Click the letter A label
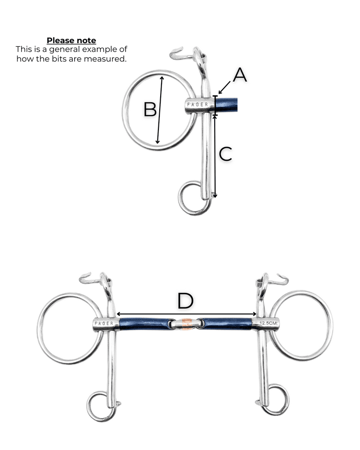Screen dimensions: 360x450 click(x=240, y=75)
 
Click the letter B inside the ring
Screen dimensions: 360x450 click(x=150, y=109)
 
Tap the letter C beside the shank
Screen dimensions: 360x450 click(x=225, y=154)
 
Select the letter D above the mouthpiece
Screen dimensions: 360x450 click(x=185, y=301)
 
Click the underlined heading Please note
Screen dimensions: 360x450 click(x=72, y=40)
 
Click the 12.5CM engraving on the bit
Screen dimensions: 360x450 click(x=268, y=323)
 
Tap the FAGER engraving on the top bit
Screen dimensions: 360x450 click(x=198, y=104)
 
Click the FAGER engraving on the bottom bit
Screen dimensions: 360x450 click(x=104, y=324)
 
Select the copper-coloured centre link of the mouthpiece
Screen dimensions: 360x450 click(x=186, y=324)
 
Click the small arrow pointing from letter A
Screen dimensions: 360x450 click(x=224, y=88)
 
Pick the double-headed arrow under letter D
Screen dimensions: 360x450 click(x=186, y=314)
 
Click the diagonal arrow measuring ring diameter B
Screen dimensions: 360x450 click(x=160, y=110)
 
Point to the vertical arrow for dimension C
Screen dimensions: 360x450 click(x=215, y=157)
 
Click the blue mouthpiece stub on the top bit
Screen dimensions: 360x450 click(x=226, y=104)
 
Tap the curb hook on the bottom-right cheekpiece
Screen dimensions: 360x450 click(x=280, y=280)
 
